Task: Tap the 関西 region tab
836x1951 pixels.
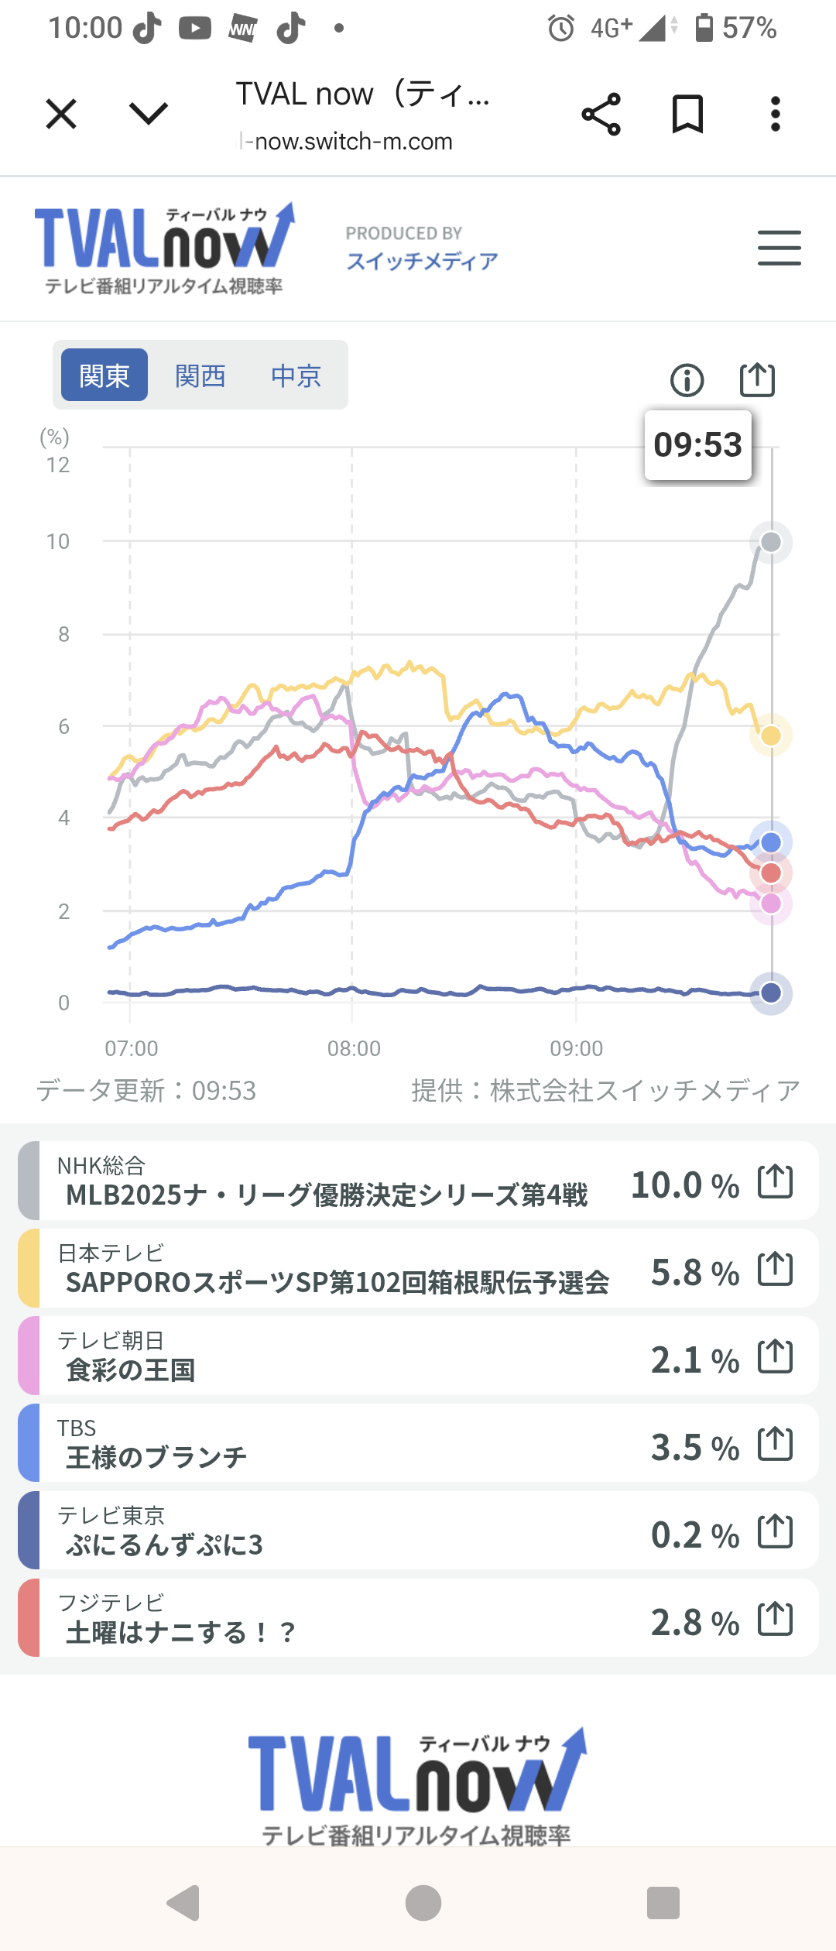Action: point(200,375)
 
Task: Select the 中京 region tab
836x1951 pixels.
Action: point(296,375)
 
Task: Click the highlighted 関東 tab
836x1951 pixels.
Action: point(104,375)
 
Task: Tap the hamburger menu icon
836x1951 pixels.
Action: point(779,248)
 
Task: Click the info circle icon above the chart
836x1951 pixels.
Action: point(687,380)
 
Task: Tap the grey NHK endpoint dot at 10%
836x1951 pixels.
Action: point(771,542)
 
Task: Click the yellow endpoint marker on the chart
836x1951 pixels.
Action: point(771,735)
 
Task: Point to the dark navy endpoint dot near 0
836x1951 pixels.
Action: point(771,993)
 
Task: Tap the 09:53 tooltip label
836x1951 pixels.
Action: point(697,445)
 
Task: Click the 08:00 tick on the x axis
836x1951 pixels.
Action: point(354,1048)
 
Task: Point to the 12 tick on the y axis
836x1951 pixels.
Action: point(58,465)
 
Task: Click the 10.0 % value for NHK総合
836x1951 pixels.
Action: point(684,1185)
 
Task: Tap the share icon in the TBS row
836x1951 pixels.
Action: point(775,1444)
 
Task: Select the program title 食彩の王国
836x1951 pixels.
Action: point(131,1370)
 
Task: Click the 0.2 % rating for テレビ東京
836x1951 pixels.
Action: point(694,1535)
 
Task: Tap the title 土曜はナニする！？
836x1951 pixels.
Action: point(181,1633)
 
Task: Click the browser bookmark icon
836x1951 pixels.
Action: point(687,115)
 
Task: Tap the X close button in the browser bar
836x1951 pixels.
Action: point(61,115)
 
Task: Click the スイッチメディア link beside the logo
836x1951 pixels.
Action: point(422,261)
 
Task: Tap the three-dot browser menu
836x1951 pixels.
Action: point(775,115)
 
